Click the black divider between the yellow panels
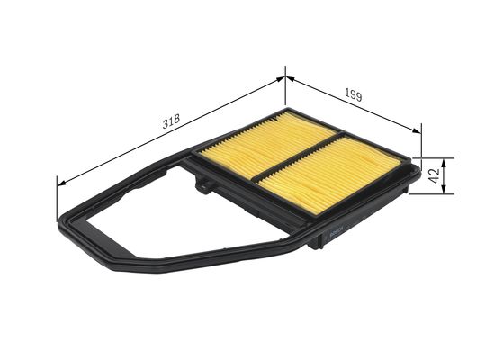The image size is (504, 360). click(x=297, y=157)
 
